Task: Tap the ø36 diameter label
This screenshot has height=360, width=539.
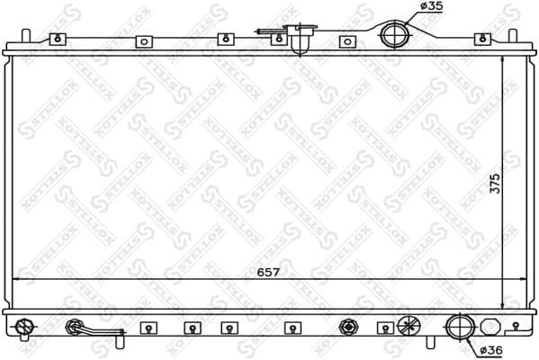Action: tap(490, 349)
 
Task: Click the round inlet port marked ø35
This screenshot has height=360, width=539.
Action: tap(394, 36)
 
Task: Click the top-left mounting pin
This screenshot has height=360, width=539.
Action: tap(25, 38)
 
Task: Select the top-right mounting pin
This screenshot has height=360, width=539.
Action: tap(514, 38)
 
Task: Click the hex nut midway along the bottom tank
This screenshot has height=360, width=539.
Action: tap(346, 327)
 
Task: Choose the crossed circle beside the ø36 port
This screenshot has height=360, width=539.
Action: tap(409, 327)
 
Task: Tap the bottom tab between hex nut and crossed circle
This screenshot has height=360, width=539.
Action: tap(383, 328)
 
